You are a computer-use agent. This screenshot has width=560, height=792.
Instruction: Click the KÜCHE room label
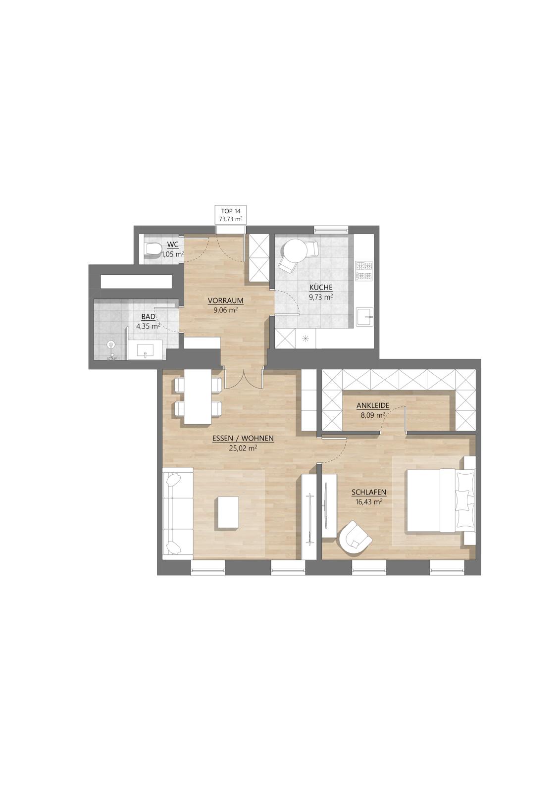[x=321, y=287]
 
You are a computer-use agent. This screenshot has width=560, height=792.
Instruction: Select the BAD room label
[x=148, y=317]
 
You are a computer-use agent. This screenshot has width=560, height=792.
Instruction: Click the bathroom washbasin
[x=146, y=349]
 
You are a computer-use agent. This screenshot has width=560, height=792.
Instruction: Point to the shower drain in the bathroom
[x=111, y=344]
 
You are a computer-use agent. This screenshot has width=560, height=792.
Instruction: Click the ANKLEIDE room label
[x=372, y=406]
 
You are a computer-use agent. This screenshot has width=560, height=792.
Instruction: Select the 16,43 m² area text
[x=368, y=501]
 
